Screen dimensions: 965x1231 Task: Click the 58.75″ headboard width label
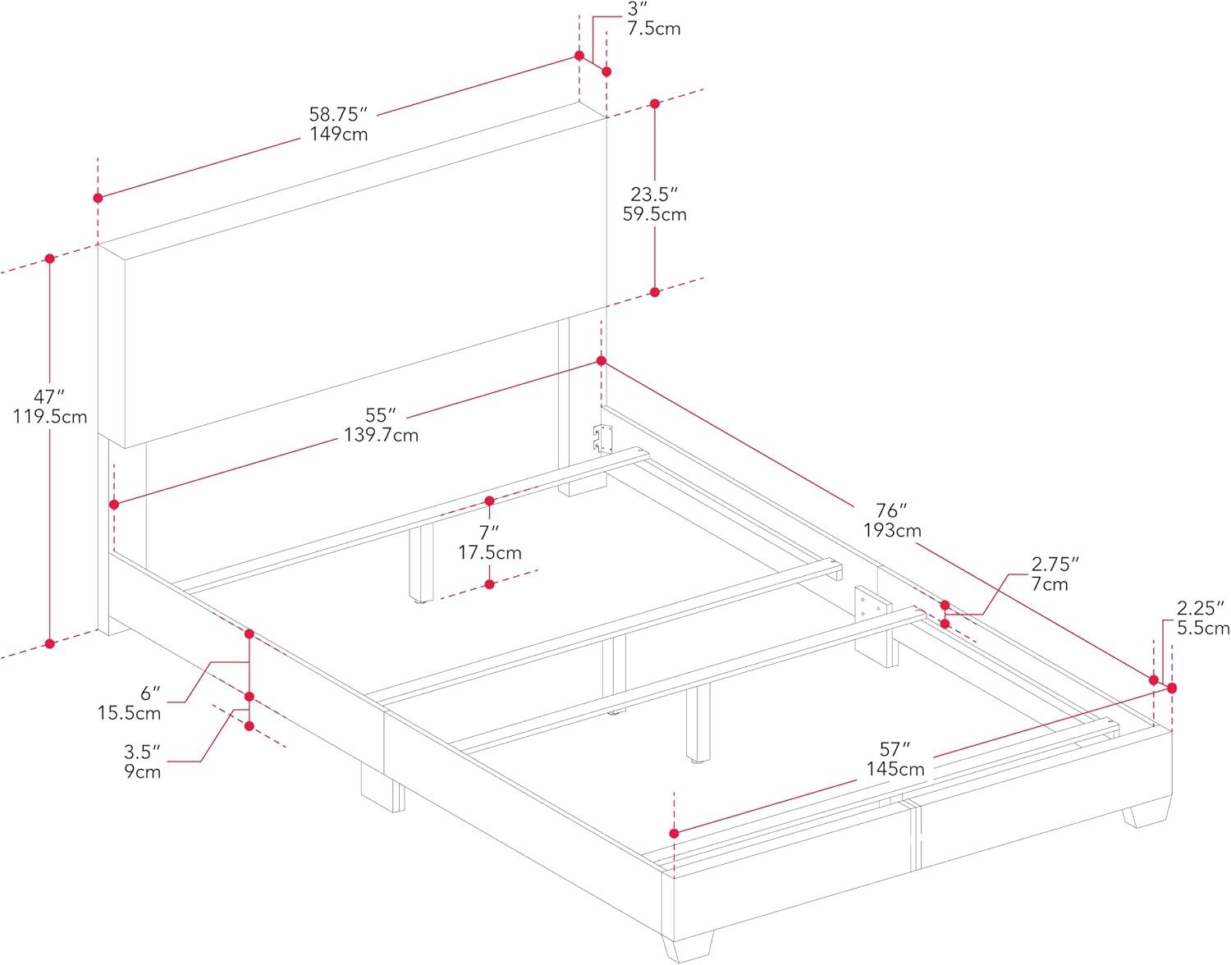[337, 114]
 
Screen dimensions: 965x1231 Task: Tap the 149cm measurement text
[338, 134]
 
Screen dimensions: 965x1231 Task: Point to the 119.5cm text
[49, 417]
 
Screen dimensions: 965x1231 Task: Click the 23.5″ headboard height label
[654, 194]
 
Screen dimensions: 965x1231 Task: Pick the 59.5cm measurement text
[654, 214]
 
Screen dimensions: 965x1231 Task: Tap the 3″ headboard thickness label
[634, 9]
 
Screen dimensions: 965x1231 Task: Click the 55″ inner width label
[381, 415]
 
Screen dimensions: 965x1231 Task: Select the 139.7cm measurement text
[381, 435]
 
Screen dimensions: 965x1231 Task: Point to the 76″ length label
[892, 511]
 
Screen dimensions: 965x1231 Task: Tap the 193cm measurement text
[892, 531]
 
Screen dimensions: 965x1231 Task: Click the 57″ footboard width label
[895, 749]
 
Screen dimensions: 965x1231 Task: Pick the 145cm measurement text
[895, 769]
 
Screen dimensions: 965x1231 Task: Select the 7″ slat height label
[489, 533]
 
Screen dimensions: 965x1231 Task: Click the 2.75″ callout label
[1055, 565]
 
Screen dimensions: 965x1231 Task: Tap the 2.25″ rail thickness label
[1201, 609]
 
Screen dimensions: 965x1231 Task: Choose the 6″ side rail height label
[150, 693]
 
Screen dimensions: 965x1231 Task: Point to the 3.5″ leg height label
[142, 752]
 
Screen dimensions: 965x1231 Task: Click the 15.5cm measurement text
[130, 713]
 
